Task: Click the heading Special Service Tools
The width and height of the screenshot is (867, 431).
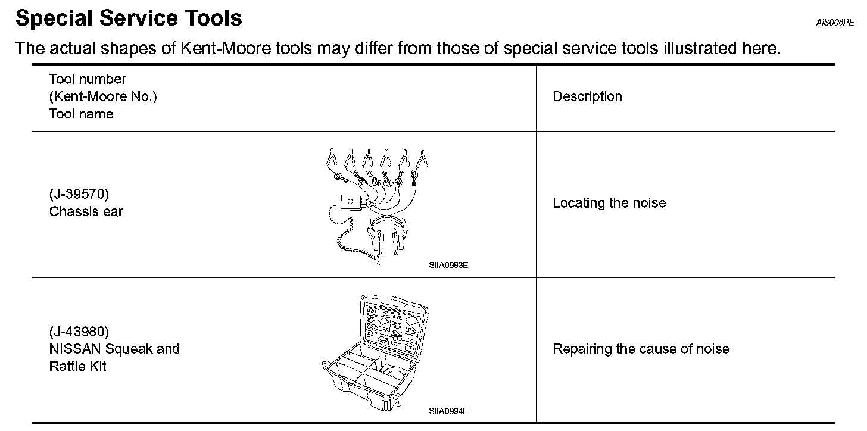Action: (x=129, y=18)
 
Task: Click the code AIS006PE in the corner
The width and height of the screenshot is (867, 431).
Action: (x=835, y=24)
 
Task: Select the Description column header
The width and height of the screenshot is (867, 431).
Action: (x=587, y=97)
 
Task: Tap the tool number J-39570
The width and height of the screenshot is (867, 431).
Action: (x=79, y=195)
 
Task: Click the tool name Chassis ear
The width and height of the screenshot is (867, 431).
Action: (x=86, y=212)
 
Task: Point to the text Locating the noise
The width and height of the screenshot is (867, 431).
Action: (x=609, y=203)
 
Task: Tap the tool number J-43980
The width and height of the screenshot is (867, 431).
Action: (x=79, y=332)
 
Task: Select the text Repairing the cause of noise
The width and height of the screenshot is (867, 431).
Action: (x=641, y=349)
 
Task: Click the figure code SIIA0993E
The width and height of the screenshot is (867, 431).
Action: (x=448, y=265)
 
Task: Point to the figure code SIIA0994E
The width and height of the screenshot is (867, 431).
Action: (x=448, y=411)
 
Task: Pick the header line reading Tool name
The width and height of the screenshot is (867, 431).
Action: (x=81, y=114)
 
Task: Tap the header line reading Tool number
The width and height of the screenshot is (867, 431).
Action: (x=88, y=79)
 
